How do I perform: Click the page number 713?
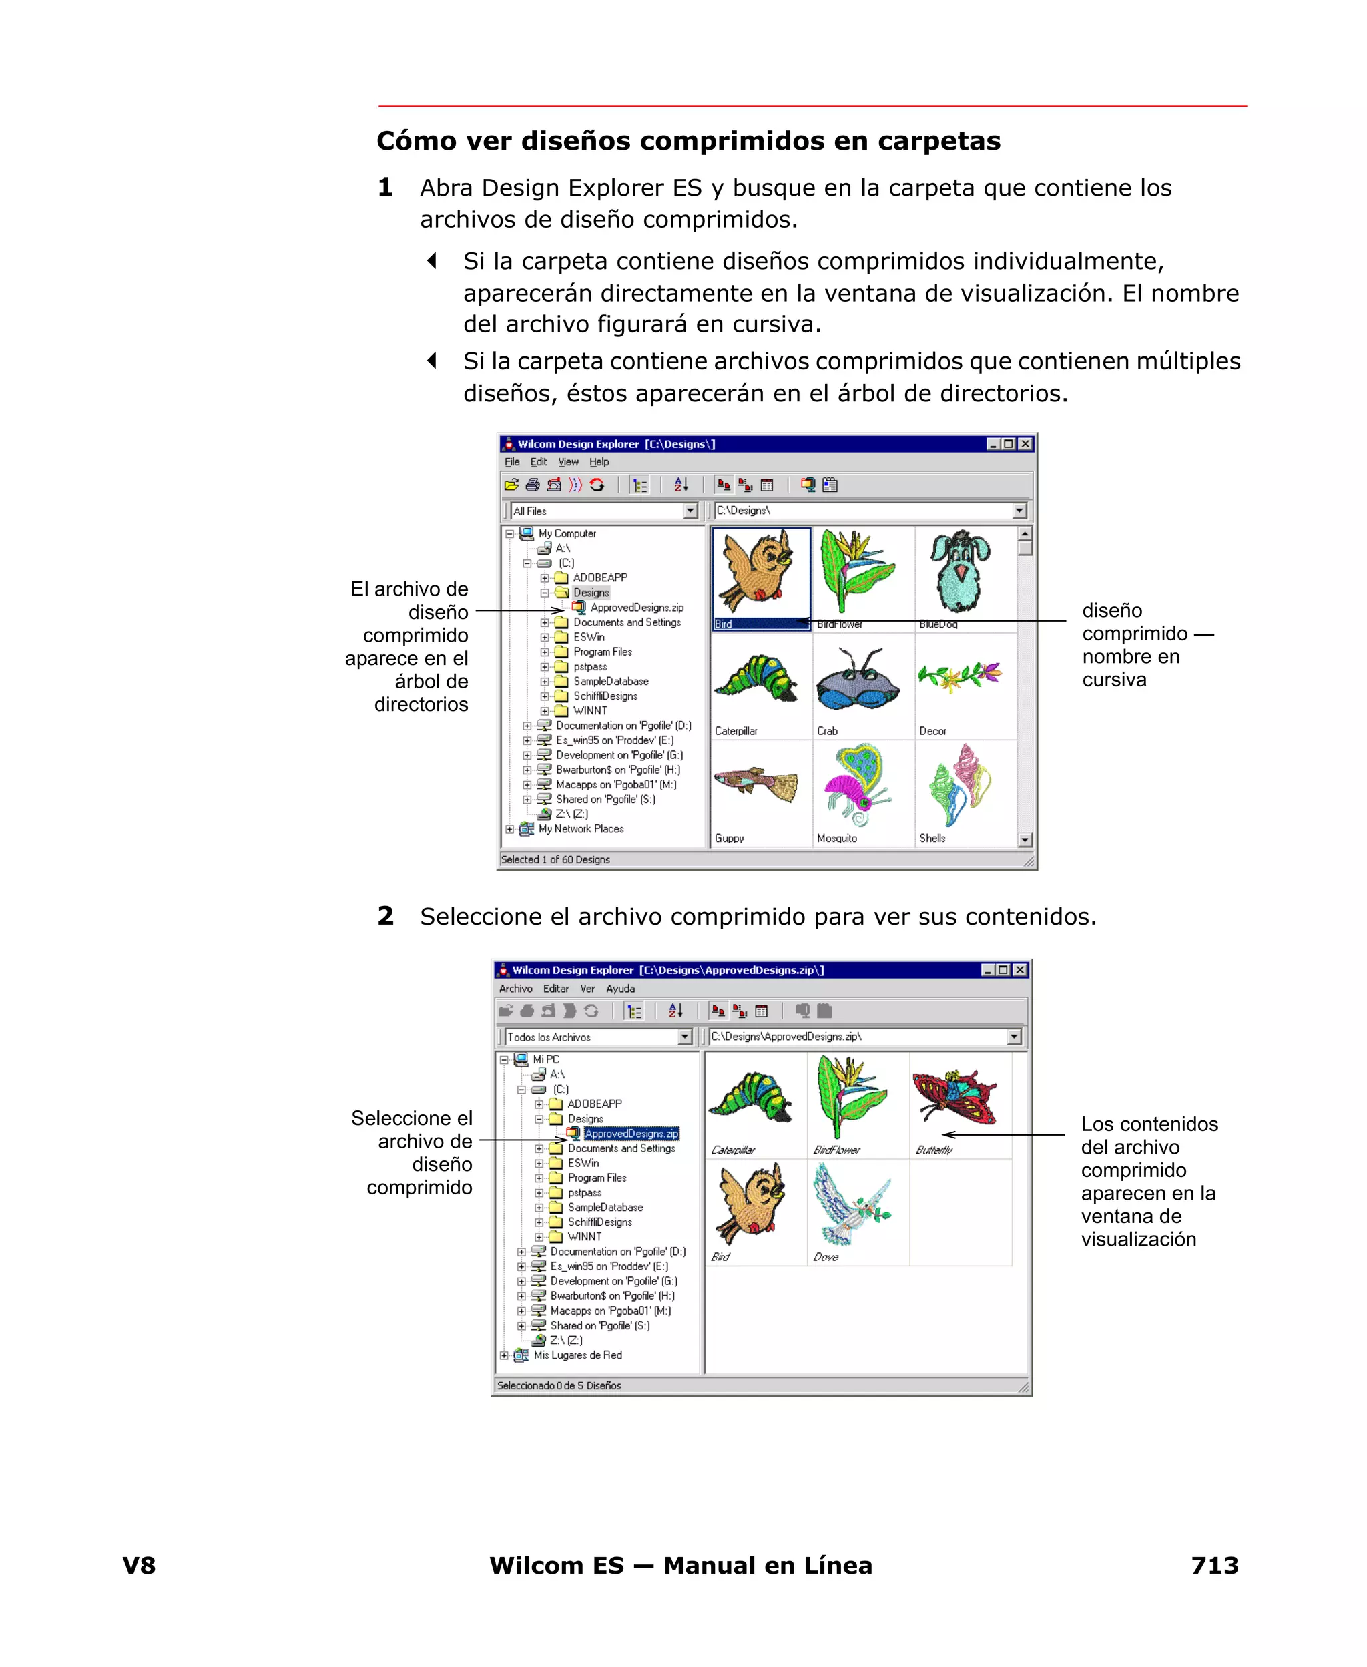point(1214,1565)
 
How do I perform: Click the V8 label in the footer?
point(139,1565)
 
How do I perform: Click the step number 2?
point(385,916)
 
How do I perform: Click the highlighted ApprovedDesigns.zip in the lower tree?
point(631,1133)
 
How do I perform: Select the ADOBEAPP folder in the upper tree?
point(599,577)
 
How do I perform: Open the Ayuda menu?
point(619,988)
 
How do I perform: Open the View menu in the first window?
point(568,462)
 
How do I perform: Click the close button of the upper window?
point(1025,444)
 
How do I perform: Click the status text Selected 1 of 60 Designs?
point(555,859)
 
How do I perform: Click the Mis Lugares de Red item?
point(577,1355)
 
